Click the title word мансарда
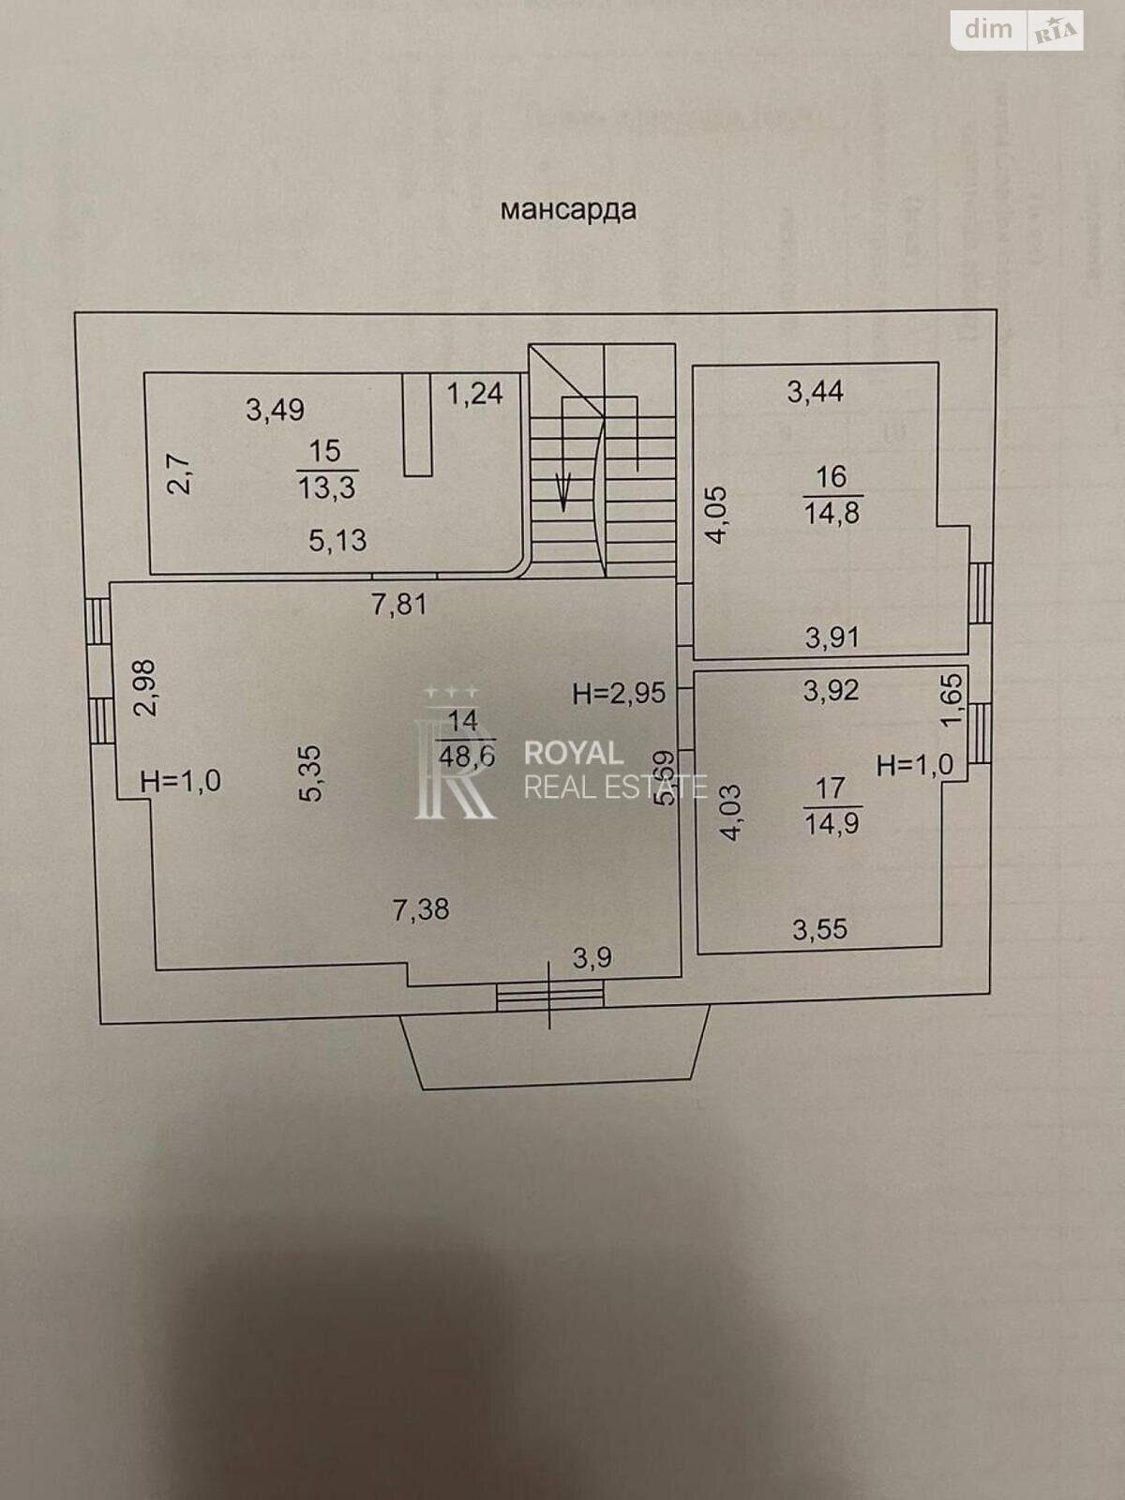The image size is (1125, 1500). click(x=568, y=208)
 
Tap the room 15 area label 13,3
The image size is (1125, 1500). click(x=326, y=487)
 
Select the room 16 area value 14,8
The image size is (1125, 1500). click(x=831, y=513)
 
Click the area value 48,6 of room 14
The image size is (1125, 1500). click(x=466, y=756)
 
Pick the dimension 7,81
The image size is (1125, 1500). click(x=399, y=605)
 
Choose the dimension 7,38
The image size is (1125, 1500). click(x=421, y=908)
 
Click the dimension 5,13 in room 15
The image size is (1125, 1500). click(x=337, y=540)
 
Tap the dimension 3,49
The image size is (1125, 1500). click(x=275, y=410)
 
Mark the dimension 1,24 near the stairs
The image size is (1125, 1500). click(x=474, y=393)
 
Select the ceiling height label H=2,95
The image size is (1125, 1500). click(x=619, y=693)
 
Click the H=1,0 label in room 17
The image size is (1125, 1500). click(x=914, y=765)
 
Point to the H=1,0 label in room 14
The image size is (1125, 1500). click(x=180, y=780)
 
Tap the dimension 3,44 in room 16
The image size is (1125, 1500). click(x=815, y=391)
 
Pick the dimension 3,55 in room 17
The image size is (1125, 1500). click(x=819, y=929)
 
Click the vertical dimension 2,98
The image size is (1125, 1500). click(x=145, y=688)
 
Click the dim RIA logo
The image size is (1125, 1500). click(x=1017, y=31)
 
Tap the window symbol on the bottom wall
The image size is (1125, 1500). click(x=550, y=995)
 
